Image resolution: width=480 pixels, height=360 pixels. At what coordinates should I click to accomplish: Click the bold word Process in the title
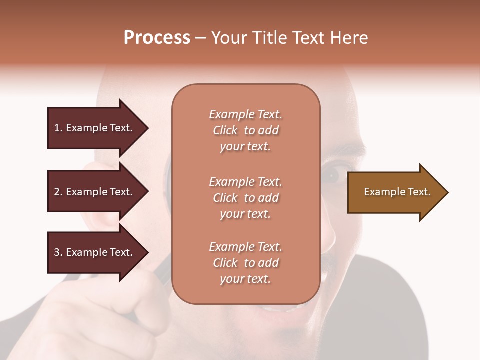157,37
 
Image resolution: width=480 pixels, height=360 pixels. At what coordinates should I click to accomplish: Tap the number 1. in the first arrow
58,128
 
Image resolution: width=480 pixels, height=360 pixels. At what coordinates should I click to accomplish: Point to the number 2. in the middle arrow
58,192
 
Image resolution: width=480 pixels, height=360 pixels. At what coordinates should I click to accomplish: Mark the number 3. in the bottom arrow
58,252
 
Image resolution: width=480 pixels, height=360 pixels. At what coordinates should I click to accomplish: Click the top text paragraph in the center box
245,130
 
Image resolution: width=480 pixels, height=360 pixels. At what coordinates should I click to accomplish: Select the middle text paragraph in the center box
245,198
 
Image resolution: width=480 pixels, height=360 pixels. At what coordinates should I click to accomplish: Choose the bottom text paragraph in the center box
245,263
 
